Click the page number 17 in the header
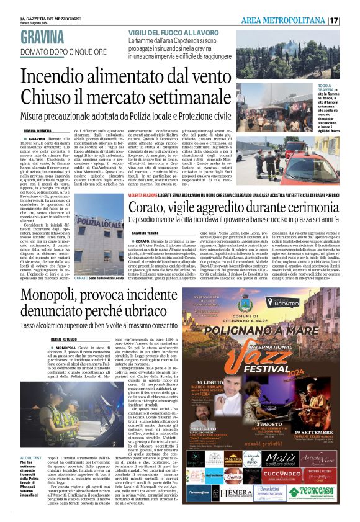pyautogui.click(x=351, y=20)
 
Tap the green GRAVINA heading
pyautogui.click(x=43, y=36)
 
